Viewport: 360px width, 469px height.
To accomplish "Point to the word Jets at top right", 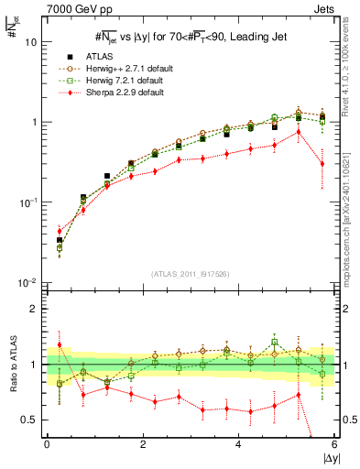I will click(x=324, y=9).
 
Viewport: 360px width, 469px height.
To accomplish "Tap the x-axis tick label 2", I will click(x=142, y=446).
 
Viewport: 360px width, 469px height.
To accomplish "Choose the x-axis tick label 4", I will click(x=238, y=446).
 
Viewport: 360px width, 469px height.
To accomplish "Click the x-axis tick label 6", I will click(x=334, y=446).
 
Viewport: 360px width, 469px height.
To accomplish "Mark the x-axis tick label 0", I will click(x=46, y=446).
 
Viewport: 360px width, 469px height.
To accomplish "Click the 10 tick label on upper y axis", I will click(x=30, y=42).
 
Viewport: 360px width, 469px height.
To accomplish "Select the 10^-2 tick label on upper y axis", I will click(x=27, y=282).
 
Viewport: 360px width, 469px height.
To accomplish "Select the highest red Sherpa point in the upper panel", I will click(x=299, y=131).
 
